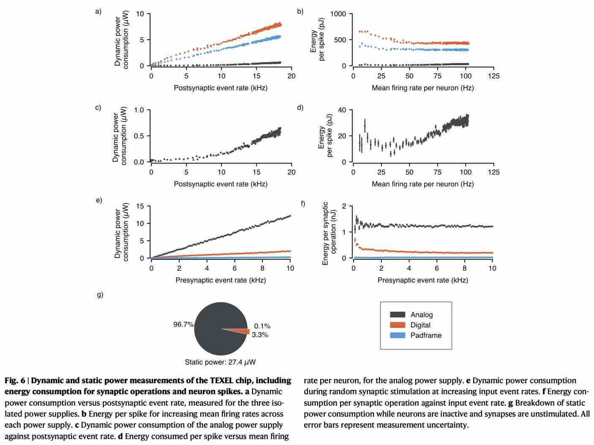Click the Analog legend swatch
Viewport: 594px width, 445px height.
coord(397,315)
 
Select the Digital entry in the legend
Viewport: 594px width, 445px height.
coord(420,325)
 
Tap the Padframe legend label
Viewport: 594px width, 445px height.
coord(426,335)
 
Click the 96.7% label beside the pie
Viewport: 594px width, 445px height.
coord(183,324)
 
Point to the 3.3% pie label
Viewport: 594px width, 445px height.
coord(260,335)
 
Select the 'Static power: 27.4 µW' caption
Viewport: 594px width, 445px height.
coord(220,362)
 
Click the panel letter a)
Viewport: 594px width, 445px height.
coord(98,11)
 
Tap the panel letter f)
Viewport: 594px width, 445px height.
coord(302,203)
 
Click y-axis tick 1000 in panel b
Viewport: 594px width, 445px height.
coord(338,14)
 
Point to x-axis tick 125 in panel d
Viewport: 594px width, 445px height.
coord(493,172)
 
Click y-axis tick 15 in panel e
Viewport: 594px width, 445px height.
coord(140,206)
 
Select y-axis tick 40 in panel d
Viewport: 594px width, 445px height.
coord(342,110)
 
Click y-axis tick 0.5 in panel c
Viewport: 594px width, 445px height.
coord(139,136)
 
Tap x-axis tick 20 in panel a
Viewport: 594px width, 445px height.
coord(292,76)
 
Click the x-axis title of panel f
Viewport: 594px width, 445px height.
coord(422,280)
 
